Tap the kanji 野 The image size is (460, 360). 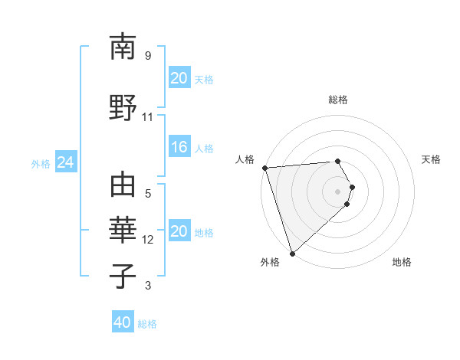coord(123,106)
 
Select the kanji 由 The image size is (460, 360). coord(123,186)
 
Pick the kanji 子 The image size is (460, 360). coord(123,275)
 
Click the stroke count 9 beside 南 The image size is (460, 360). coord(148,56)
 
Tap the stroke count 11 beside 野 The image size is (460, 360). coord(148,116)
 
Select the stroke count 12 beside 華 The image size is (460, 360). coord(148,240)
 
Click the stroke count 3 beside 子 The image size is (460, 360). coord(148,286)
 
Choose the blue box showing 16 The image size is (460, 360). coord(179,148)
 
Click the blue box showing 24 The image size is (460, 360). coord(65,163)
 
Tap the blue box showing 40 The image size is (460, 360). coord(123,322)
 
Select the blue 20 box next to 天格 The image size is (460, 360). coord(179,78)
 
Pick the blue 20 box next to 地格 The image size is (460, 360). coord(179,232)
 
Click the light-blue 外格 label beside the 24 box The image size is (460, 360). coord(41,164)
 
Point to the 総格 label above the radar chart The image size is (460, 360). coord(338,100)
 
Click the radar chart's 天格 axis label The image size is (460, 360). coord(432,159)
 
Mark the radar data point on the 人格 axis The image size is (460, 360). coord(264,168)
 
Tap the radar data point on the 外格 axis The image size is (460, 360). coord(292,253)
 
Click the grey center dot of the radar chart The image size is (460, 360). coord(338,191)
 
